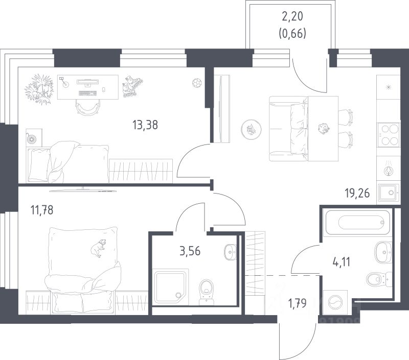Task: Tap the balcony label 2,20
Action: pos(292,16)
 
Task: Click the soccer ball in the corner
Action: pos(196,82)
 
